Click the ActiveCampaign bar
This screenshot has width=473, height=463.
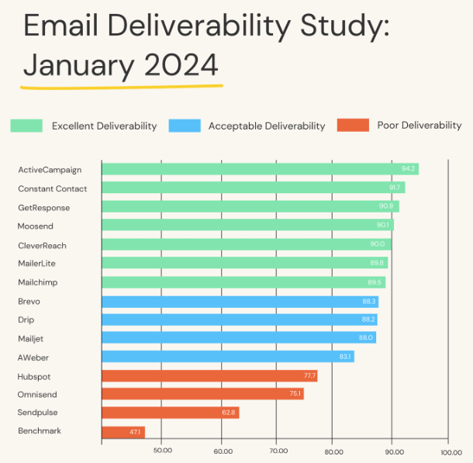(x=260, y=169)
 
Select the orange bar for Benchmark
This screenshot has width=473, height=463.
(x=123, y=431)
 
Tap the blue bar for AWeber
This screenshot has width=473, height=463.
(x=228, y=357)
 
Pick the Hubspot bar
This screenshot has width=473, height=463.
(x=209, y=375)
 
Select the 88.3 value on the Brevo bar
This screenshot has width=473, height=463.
(x=368, y=301)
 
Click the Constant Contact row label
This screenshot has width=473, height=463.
(x=53, y=188)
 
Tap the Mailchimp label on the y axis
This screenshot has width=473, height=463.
(x=37, y=282)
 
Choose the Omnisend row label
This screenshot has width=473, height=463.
(x=37, y=394)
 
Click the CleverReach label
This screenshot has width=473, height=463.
(x=42, y=245)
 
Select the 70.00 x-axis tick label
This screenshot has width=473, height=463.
(x=278, y=451)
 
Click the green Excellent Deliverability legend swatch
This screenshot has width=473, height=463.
(x=26, y=126)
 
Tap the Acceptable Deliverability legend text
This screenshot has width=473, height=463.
(x=267, y=126)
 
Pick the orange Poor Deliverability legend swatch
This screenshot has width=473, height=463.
(x=353, y=126)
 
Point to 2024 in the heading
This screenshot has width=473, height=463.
(x=181, y=64)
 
